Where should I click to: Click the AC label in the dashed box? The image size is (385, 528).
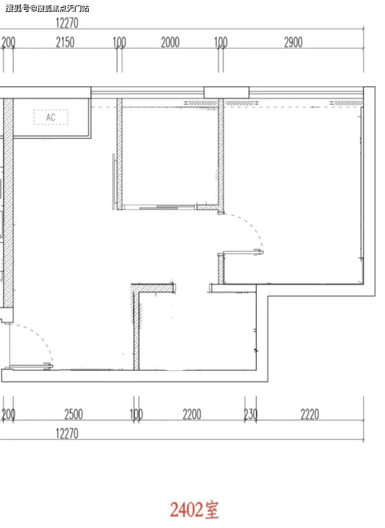[x=51, y=118]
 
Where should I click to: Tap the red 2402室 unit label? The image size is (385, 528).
[x=194, y=509]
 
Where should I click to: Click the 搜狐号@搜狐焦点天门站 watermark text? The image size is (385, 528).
[x=47, y=9]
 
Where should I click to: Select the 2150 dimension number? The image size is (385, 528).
[x=65, y=42]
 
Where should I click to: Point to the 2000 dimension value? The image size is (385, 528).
[x=170, y=42]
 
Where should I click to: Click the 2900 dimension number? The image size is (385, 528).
[x=293, y=42]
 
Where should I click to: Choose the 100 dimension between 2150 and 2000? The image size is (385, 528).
[x=119, y=42]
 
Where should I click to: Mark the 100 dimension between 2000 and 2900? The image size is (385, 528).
[x=221, y=42]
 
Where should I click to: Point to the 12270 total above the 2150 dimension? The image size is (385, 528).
[x=67, y=23]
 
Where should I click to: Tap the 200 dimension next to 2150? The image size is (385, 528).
[x=8, y=42]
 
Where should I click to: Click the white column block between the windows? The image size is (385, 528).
[x=226, y=92]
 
